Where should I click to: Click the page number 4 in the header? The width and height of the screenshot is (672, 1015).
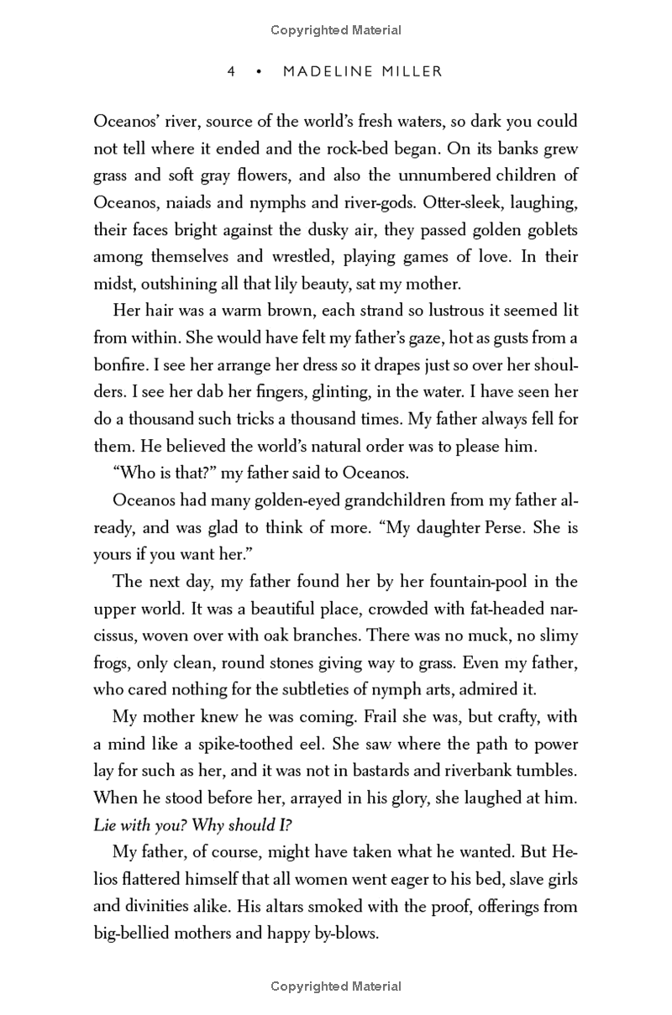point(231,72)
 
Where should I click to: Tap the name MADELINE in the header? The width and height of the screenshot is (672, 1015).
point(329,72)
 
